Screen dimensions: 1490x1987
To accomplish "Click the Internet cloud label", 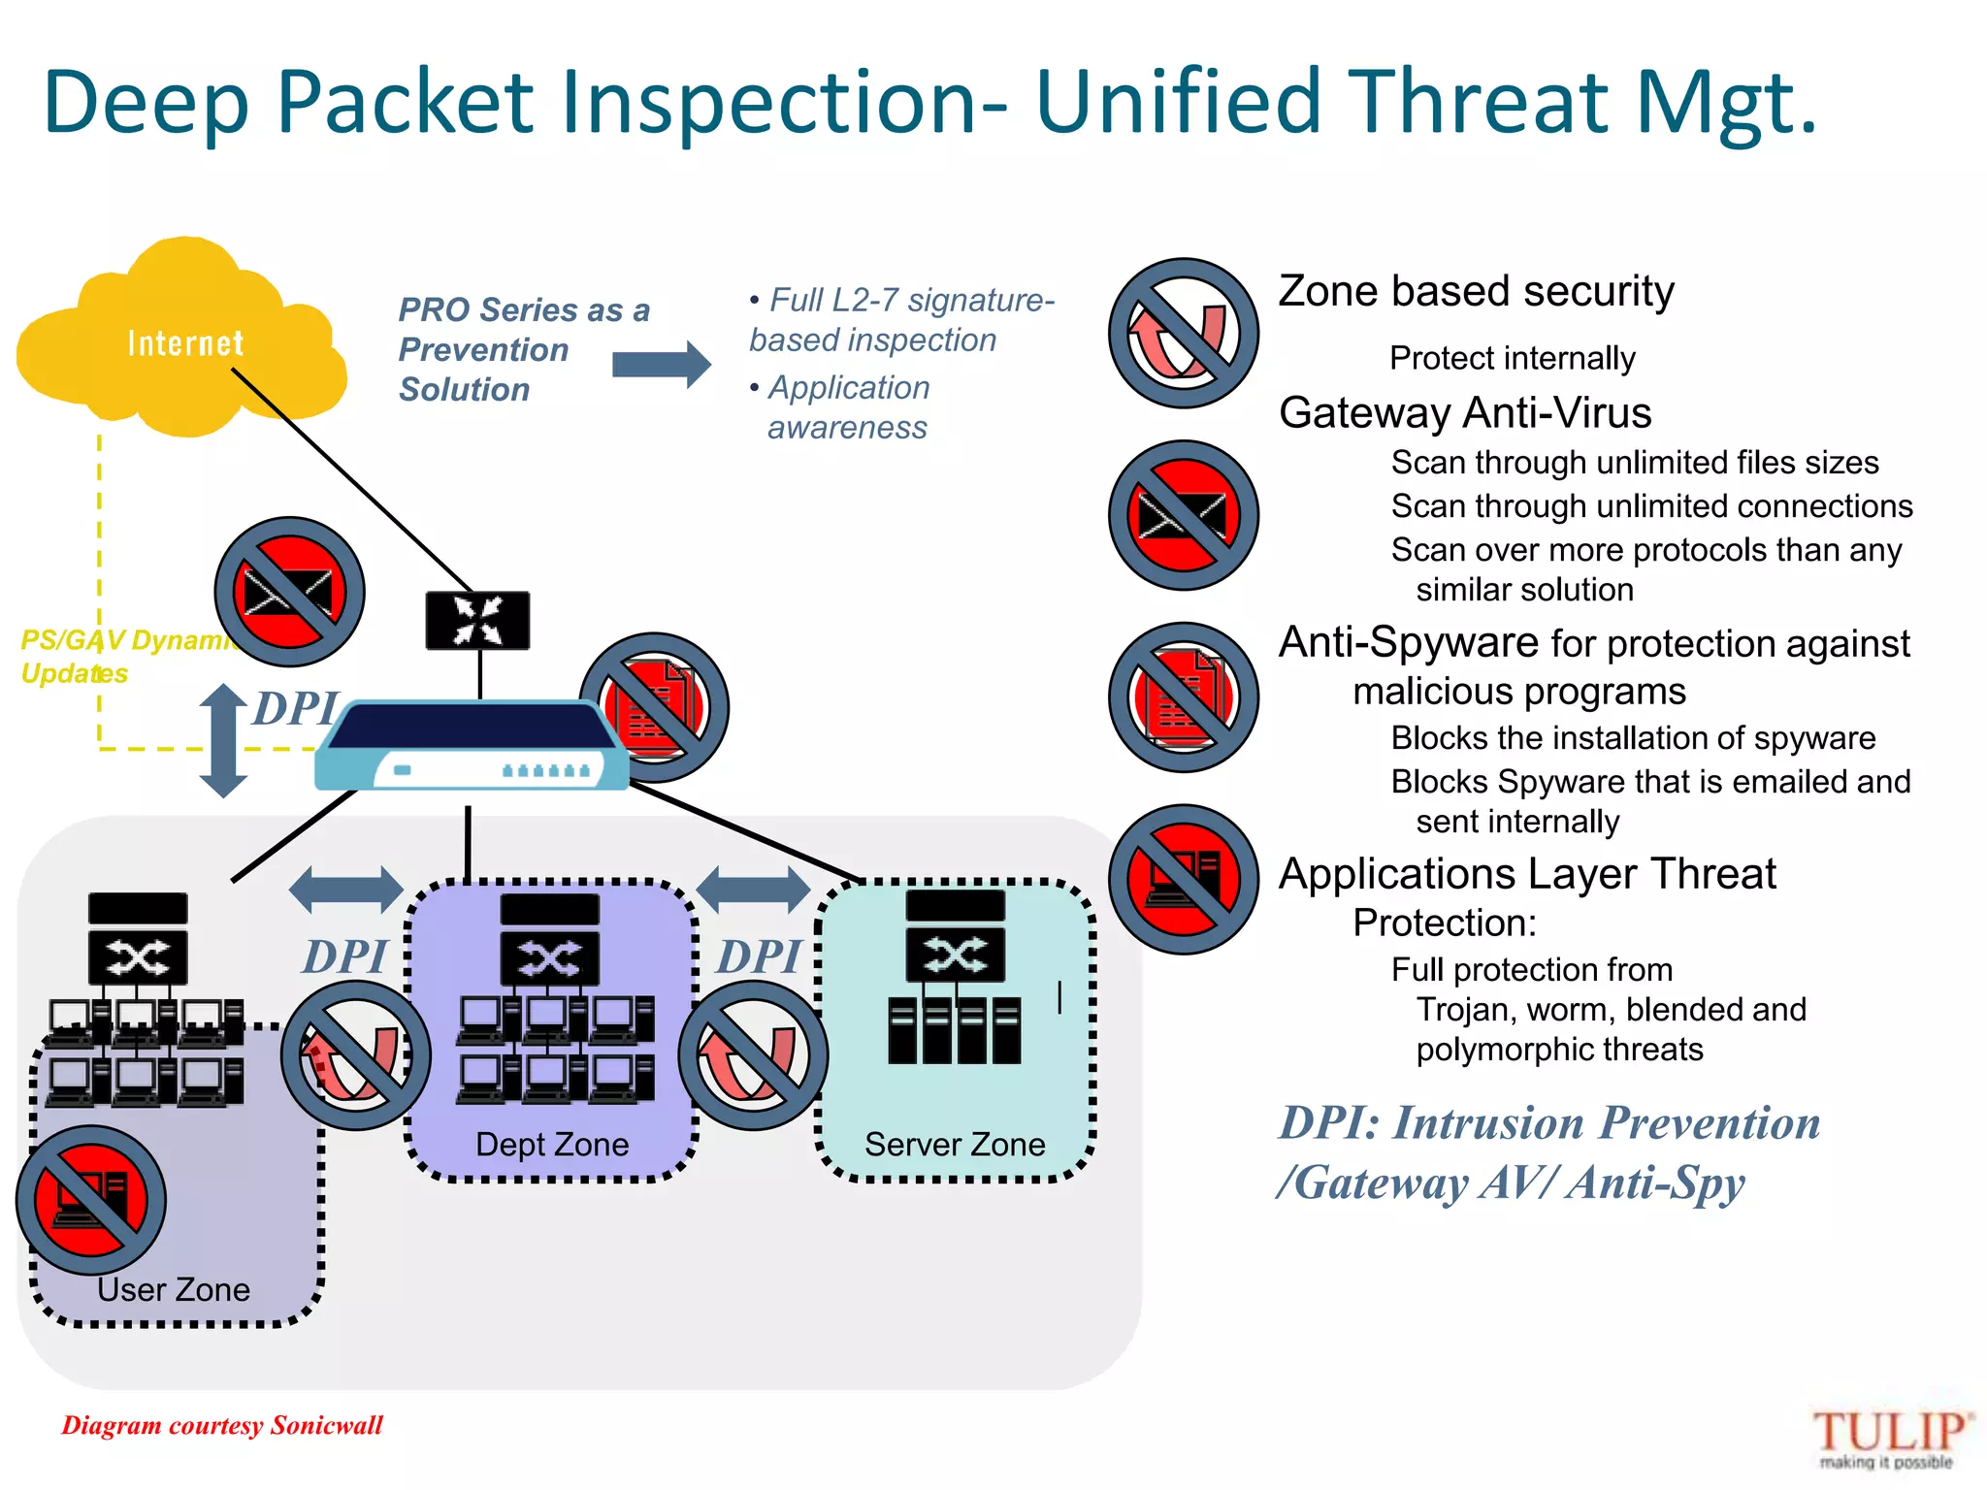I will coord(184,343).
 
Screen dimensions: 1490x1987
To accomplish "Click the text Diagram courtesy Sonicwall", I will coord(222,1425).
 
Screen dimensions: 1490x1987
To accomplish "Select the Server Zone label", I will coord(955,1145).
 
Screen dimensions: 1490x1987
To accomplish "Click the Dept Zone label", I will coord(552,1145).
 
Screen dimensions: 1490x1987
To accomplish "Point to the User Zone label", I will coord(174,1289).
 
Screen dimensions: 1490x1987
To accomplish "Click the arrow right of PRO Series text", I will coord(662,365).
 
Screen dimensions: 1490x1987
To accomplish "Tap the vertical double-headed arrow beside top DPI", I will coord(224,741).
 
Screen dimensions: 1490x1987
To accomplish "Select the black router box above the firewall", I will coord(478,621).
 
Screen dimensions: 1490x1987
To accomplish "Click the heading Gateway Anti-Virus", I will coord(1465,413).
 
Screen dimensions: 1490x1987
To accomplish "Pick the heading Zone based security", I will coord(1476,291).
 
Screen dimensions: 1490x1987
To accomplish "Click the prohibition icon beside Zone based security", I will coord(1183,334).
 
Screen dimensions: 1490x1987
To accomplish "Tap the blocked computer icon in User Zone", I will coord(91,1200).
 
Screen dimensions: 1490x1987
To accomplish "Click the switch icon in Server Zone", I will coord(956,955).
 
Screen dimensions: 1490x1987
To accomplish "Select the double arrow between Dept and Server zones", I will coord(754,890).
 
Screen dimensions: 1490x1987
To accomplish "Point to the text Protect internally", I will coord(1512,359).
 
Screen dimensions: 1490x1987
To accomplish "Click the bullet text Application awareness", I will coord(847,407).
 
